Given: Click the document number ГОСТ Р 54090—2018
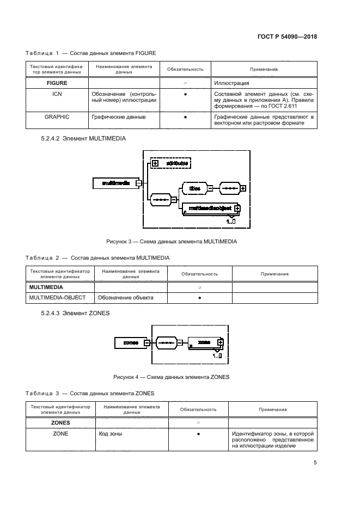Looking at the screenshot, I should [x=286, y=38].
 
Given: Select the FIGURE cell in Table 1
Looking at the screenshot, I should [x=56, y=84].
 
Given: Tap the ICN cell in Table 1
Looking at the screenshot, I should [x=56, y=94].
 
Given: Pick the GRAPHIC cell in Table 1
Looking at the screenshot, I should [x=56, y=116].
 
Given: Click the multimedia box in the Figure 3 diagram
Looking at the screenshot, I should [x=115, y=183].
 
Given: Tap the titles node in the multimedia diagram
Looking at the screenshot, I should [x=194, y=188].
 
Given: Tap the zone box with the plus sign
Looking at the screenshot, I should [x=205, y=342].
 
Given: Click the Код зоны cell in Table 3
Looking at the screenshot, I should [x=111, y=434].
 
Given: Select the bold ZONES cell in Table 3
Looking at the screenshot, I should [x=60, y=422].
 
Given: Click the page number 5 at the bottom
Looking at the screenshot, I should [x=315, y=463].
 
